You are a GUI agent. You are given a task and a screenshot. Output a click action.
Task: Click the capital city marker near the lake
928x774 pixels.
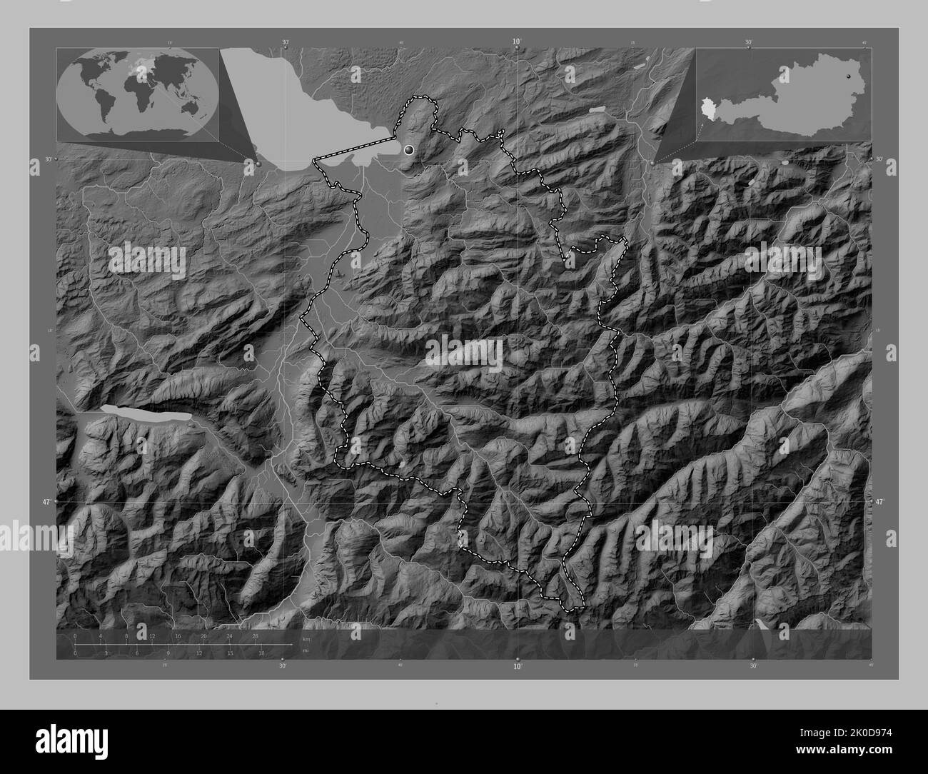(x=409, y=149)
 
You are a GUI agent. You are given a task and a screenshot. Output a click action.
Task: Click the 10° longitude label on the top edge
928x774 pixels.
(x=516, y=42)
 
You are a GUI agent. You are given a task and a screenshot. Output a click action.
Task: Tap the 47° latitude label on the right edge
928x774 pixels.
(x=880, y=503)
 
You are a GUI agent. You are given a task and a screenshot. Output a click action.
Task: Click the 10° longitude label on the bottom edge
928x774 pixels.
(x=516, y=665)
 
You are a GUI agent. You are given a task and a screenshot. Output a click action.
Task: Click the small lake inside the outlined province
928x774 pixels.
(x=406, y=464)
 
